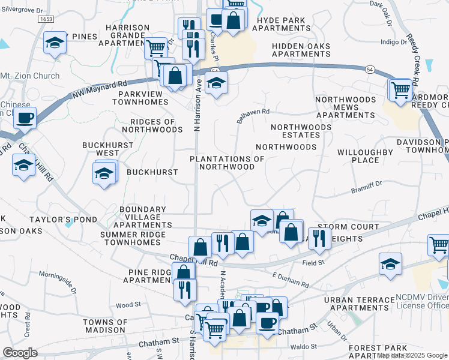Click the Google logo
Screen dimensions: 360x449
tap(20, 353)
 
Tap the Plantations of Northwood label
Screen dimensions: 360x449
tap(227, 163)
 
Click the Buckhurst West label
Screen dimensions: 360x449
tap(100, 149)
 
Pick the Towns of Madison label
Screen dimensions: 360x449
tap(106, 326)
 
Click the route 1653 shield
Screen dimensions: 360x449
tap(46, 19)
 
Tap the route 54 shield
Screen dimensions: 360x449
tap(370, 70)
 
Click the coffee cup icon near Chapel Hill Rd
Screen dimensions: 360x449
tap(25, 118)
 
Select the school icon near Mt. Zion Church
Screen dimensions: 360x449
tap(55, 43)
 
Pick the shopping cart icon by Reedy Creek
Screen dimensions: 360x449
tap(401, 90)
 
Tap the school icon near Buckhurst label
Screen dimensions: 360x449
tap(104, 174)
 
